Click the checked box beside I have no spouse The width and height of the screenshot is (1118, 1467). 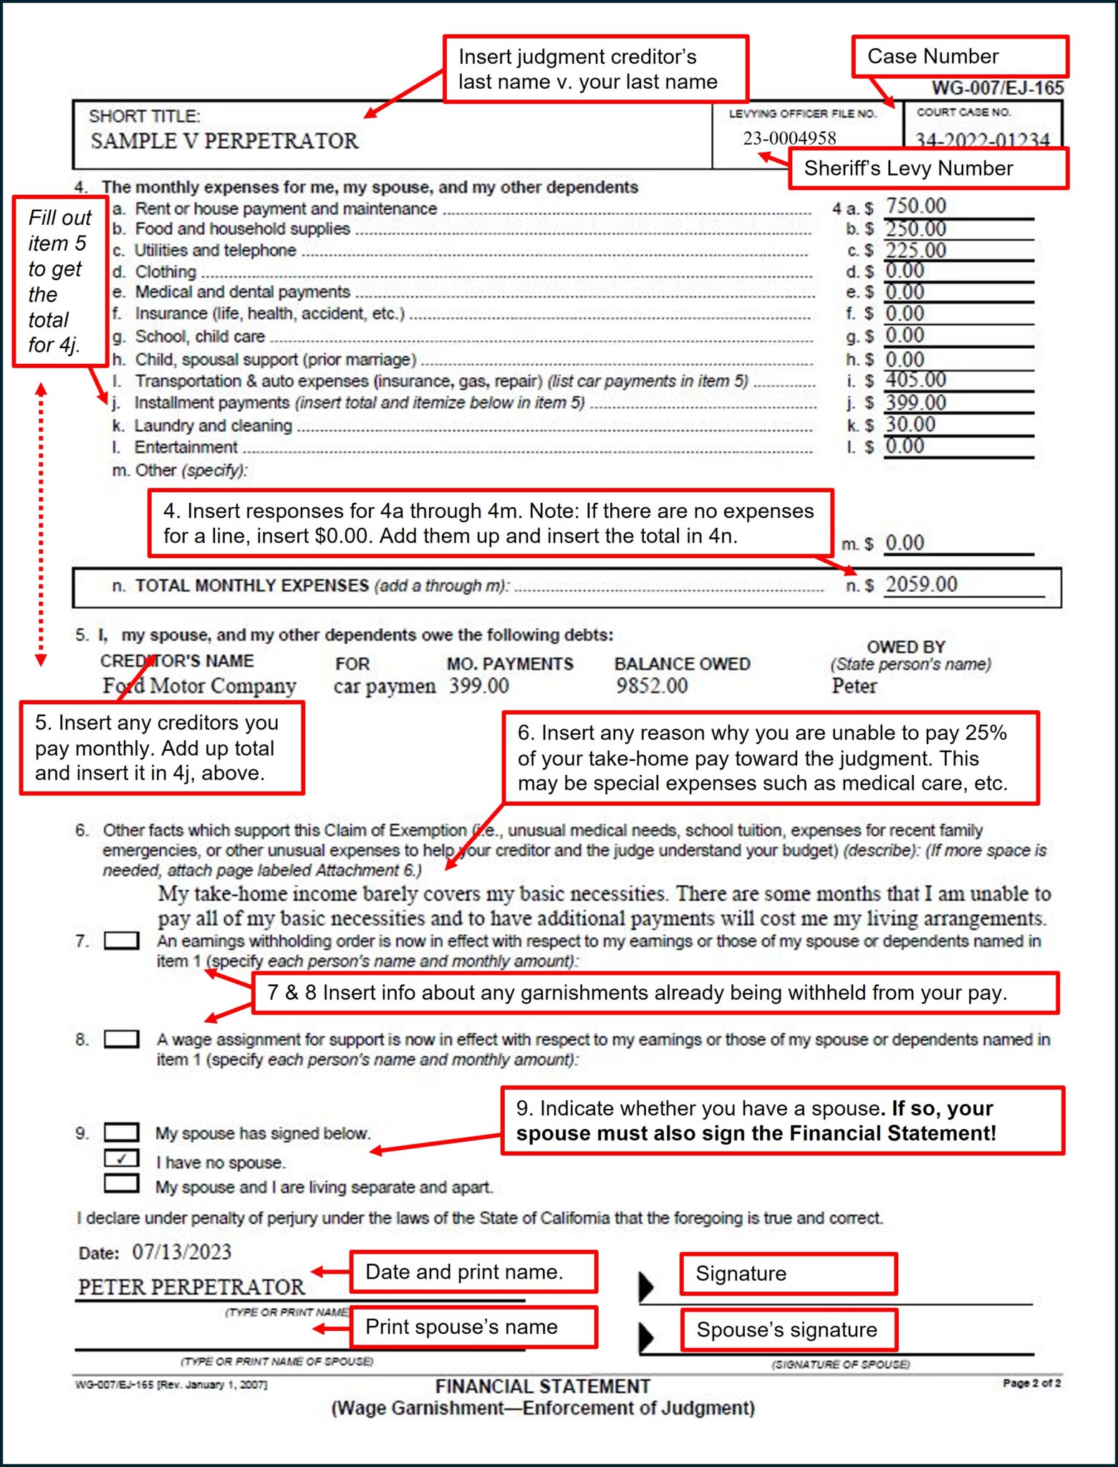pos(121,1158)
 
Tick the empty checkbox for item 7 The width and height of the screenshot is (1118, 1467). pos(121,941)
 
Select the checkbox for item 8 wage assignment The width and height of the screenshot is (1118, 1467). pos(121,1039)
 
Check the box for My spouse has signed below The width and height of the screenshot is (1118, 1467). pos(121,1132)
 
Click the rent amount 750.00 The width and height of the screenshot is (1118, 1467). pos(915,206)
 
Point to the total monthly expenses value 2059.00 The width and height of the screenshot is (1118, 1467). pos(921,585)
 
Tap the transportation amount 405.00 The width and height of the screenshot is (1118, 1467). pos(915,380)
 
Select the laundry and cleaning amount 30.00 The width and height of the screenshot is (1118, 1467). pos(910,424)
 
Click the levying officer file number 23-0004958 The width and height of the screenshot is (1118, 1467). pos(789,138)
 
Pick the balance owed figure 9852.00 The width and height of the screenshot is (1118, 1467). pos(651,686)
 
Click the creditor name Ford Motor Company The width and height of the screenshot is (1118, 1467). pos(199,686)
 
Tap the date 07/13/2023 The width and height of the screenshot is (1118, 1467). pos(181,1251)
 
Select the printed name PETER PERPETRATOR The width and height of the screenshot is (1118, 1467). pos(191,1287)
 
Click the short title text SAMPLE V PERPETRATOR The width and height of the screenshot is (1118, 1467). pos(224,141)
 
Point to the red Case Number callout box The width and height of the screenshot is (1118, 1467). pos(960,57)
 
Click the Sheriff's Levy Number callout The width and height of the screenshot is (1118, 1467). pos(928,168)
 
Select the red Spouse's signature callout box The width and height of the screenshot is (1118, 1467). pos(788,1330)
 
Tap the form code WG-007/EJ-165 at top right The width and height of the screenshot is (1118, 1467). pos(997,88)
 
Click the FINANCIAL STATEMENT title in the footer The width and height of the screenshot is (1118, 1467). pos(543,1386)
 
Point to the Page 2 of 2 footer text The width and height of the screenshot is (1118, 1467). pos(1031,1383)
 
